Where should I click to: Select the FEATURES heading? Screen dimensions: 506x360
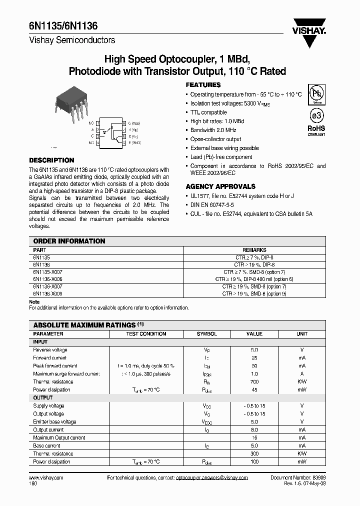pos(203,85)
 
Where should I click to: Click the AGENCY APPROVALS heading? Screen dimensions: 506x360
pos(220,186)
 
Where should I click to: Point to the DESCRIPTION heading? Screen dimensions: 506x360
pos(51,160)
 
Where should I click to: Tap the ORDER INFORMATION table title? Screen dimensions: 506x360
pos(69,241)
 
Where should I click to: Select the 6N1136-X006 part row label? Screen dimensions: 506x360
pos(48,279)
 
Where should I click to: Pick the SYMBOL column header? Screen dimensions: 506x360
pos(206,333)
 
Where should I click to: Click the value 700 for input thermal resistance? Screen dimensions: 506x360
pos(254,381)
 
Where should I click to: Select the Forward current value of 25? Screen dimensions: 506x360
pos(254,358)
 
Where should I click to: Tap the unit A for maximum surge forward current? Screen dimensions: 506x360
pos(302,373)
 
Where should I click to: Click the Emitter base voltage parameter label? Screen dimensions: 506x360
pos(54,421)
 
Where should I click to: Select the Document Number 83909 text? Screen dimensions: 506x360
pos(298,477)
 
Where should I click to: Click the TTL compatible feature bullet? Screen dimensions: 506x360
pos(208,112)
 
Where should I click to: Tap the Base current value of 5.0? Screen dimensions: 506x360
pos(254,445)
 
